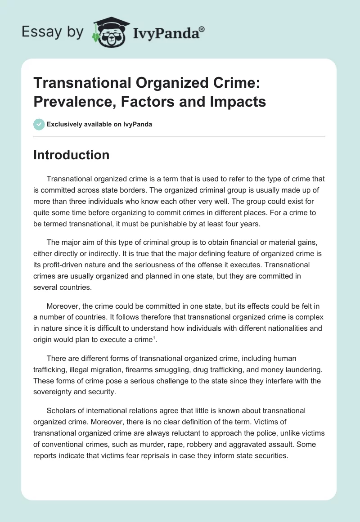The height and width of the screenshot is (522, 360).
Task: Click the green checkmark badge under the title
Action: (x=39, y=124)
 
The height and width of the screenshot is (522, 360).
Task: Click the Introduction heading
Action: (x=72, y=155)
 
